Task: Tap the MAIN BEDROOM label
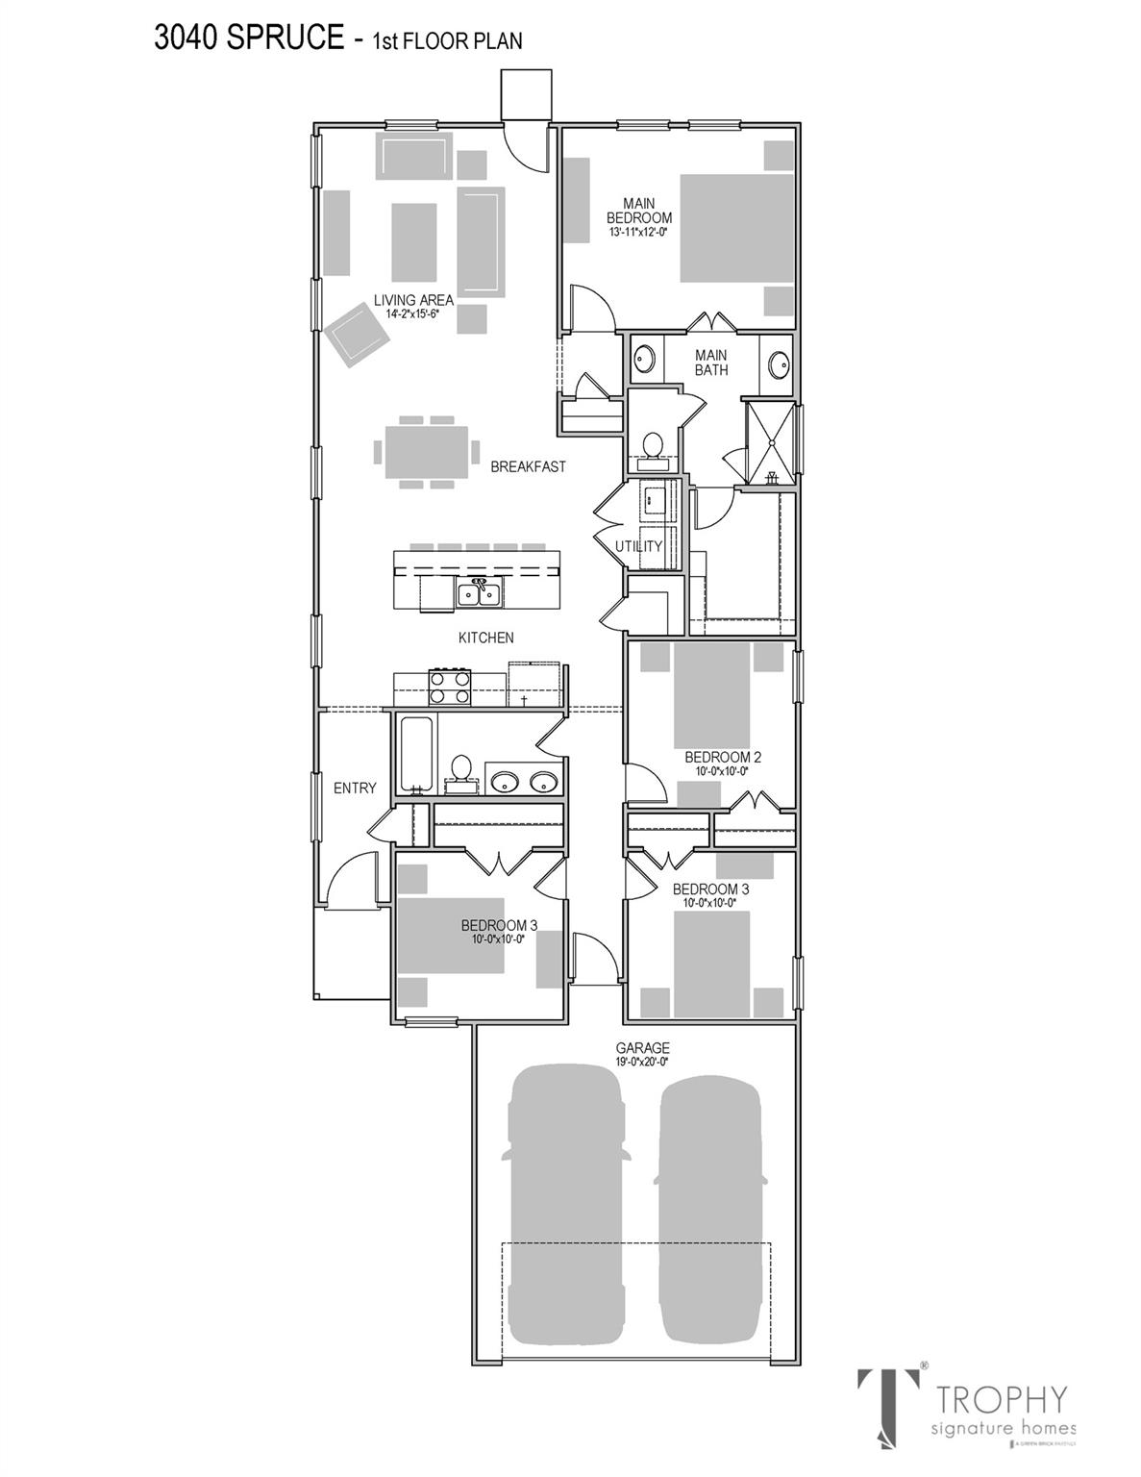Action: coord(639,212)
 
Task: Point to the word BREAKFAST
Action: coord(528,467)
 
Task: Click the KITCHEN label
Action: coord(485,638)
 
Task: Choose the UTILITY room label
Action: coord(639,546)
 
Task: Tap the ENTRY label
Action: coord(355,789)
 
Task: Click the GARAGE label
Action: coord(643,1048)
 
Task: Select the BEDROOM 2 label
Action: coord(716,757)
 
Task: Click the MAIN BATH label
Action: coord(711,363)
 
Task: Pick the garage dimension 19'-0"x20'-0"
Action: coord(643,1062)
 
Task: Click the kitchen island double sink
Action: coord(478,594)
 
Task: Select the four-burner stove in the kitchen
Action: coord(449,688)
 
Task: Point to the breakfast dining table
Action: coord(426,451)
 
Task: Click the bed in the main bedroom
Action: coord(736,226)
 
